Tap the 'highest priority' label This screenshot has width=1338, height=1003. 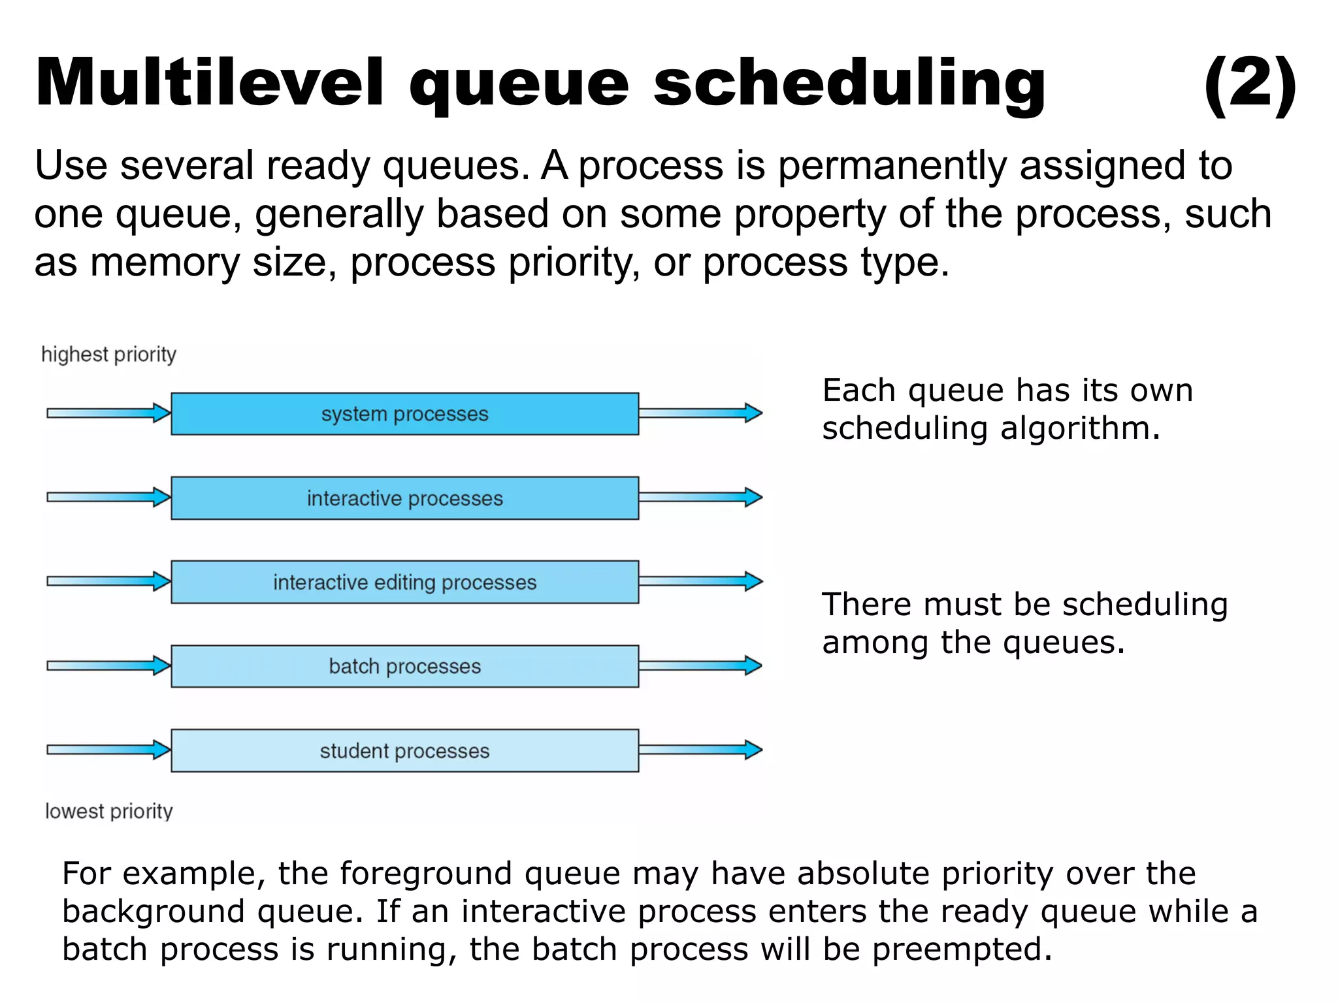108,355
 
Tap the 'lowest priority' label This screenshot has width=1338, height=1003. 108,811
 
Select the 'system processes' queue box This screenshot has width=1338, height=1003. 404,414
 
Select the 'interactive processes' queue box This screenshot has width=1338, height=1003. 404,498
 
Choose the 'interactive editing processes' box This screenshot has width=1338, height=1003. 404,582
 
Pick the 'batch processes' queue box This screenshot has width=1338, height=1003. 404,666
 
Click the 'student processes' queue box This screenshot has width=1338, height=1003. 404,750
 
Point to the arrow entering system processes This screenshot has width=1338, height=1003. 108,413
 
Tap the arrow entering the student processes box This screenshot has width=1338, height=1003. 108,750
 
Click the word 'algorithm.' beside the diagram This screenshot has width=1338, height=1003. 1080,429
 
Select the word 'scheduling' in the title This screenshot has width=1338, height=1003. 849,84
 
